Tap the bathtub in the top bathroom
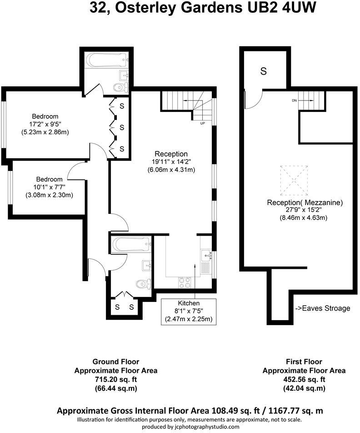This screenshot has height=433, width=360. point(105,60)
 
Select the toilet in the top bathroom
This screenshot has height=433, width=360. point(121,87)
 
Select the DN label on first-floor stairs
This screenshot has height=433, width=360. point(295,101)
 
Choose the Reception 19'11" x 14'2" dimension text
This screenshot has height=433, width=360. point(171,162)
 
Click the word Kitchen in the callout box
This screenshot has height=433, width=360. point(189,303)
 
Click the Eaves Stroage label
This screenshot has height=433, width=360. point(323,308)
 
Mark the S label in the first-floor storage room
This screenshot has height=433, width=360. point(263,71)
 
